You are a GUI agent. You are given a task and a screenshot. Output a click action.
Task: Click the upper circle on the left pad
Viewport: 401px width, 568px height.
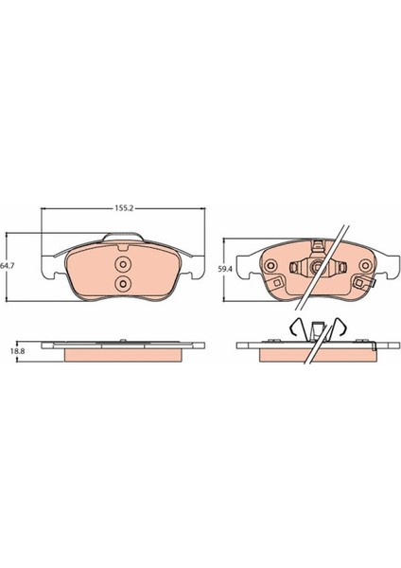point(123,264)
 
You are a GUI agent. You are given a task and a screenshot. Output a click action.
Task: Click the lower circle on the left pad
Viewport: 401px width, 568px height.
point(123,284)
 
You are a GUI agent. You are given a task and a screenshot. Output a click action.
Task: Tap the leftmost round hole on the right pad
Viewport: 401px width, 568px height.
point(270,266)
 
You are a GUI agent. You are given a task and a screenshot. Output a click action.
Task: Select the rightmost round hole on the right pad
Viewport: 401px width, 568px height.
point(365,266)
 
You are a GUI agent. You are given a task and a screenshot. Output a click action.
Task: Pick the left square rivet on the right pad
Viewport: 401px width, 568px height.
point(278,282)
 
